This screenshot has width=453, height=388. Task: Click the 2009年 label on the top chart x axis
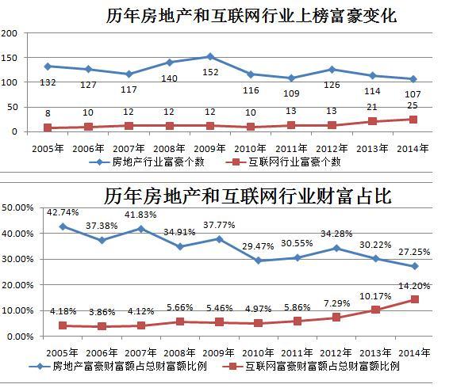pyautogui.click(x=209, y=147)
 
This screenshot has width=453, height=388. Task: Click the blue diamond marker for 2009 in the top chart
pyautogui.click(x=209, y=56)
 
